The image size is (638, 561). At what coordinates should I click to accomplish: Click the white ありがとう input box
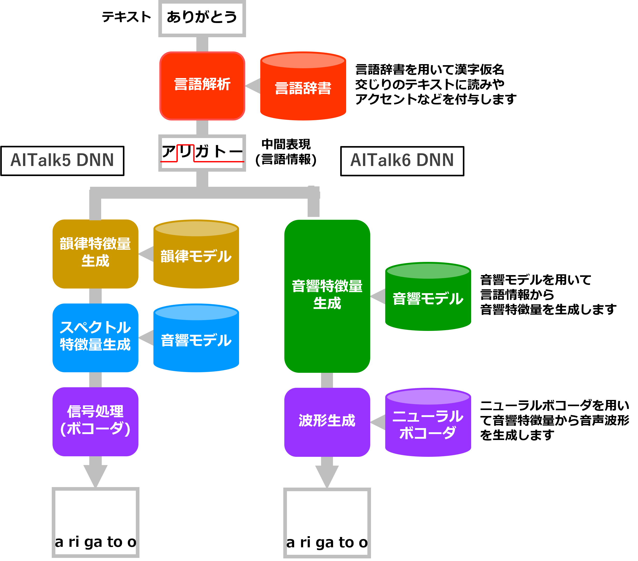202,18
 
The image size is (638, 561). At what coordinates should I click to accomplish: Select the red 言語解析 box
202,86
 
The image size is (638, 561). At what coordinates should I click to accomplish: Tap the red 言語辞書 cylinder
303,87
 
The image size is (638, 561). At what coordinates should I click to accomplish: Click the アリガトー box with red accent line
202,153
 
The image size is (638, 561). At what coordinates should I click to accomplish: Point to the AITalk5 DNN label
62,160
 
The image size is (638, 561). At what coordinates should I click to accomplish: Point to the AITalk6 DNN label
402,160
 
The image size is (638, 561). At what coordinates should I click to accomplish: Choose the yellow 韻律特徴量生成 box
95,254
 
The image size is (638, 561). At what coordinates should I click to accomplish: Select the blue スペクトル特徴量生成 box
95,337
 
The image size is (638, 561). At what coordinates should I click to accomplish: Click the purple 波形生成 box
327,422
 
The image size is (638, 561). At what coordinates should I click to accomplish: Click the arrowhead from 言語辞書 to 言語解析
254,86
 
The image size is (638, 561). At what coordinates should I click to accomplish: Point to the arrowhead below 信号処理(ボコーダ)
95,475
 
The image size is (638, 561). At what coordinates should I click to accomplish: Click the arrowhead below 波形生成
327,475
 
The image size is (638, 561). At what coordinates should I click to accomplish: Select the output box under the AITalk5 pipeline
95,522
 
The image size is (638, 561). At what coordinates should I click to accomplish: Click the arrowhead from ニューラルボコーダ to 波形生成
379,422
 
